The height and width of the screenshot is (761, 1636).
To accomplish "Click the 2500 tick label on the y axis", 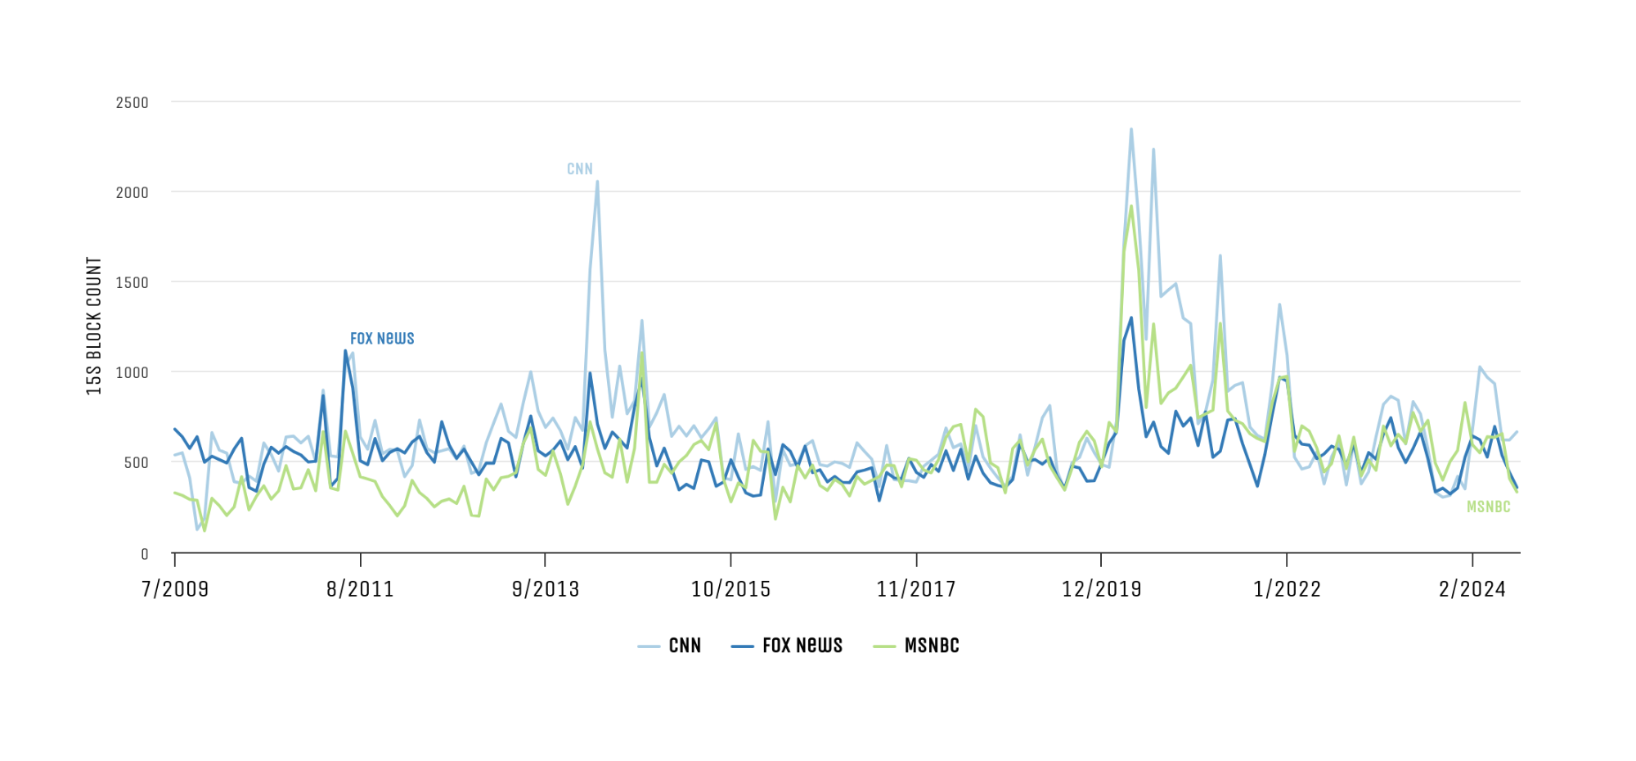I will click(132, 103).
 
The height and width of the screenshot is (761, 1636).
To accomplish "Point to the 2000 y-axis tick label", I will click(132, 193).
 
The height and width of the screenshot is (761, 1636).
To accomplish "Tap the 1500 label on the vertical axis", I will click(132, 283).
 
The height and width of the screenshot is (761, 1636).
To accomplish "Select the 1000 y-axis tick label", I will click(132, 373).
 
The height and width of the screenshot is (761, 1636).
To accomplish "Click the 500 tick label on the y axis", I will click(136, 463).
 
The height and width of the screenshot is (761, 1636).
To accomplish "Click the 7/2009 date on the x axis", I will click(175, 589).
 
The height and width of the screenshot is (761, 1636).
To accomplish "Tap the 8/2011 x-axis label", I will click(360, 589).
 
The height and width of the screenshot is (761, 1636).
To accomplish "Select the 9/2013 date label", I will click(546, 589).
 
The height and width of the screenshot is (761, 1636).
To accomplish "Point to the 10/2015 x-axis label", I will click(730, 589).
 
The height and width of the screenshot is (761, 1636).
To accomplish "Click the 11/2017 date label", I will click(916, 589).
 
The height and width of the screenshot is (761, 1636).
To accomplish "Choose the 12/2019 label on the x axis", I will click(1101, 589).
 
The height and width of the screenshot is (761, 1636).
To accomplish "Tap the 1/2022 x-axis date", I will click(1287, 589).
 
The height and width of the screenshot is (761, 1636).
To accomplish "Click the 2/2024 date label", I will click(1472, 589).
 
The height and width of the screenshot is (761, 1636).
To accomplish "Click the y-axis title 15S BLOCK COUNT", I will click(95, 326).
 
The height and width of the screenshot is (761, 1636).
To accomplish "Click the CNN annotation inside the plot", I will click(579, 169).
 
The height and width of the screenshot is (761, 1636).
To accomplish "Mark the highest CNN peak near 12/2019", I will click(1131, 129).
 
